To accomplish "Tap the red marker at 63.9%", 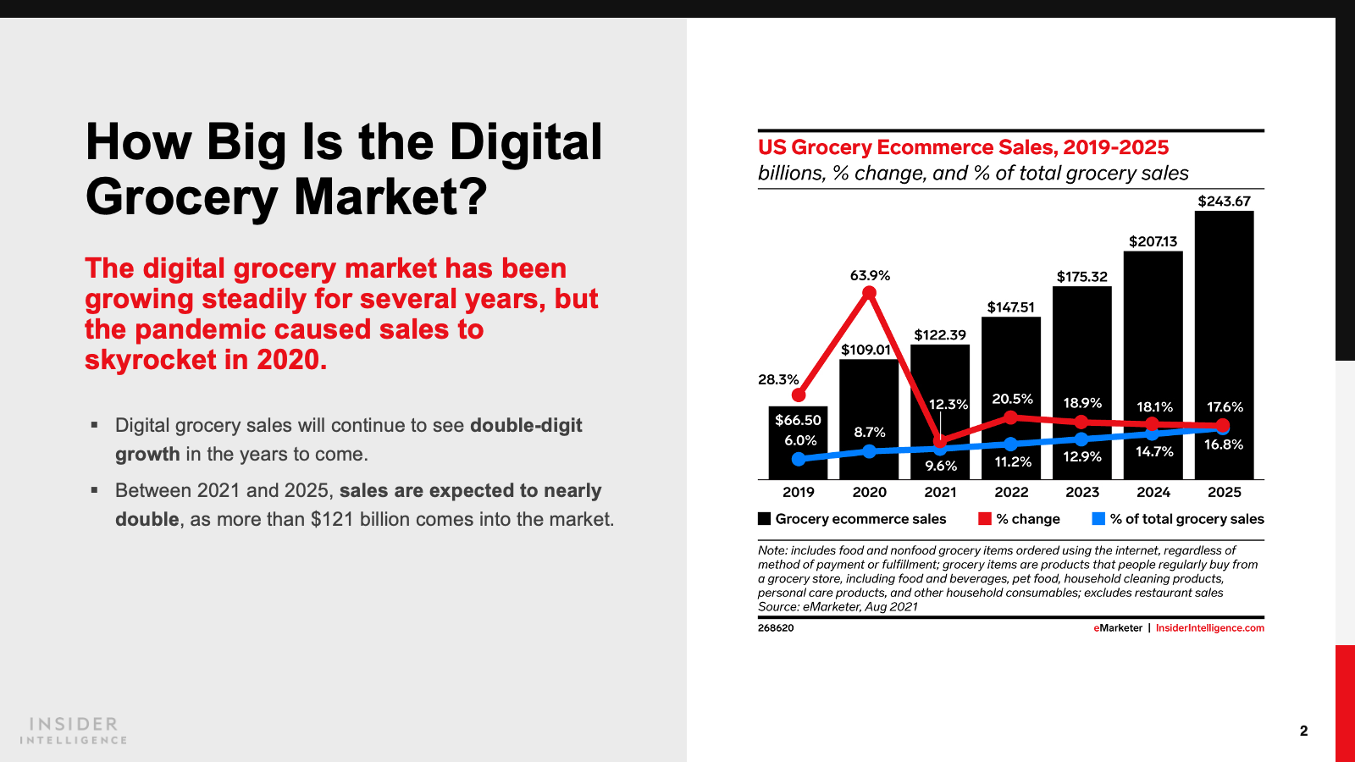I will pos(869,293).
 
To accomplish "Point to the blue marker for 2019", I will pos(799,459).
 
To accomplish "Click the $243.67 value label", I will pos(1224,202).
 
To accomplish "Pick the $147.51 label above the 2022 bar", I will pos(1010,307).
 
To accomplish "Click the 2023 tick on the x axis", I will pos(1082,492).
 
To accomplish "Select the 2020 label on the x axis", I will pos(869,492).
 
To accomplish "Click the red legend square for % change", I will pos(985,519).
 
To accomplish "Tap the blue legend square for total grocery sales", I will pos(1098,519).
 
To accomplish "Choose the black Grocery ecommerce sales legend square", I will pos(765,519).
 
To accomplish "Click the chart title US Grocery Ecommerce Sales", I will pos(963,147).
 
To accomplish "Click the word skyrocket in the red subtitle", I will pos(151,360).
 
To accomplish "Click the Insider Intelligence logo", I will pos(74,731).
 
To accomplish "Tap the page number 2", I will pos(1303,731).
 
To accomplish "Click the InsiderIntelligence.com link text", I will pos(1209,628).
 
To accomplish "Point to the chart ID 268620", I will pos(776,628).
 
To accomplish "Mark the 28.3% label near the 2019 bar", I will pos(778,379).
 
